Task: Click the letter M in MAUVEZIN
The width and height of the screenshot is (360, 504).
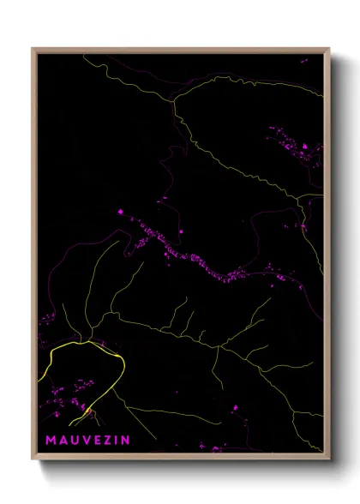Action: [51, 440]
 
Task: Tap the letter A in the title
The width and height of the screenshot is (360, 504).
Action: [63, 440]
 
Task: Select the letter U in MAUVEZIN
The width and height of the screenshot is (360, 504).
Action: [75, 440]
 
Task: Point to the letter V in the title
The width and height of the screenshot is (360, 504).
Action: [87, 440]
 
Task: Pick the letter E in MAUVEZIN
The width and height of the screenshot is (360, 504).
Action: [98, 440]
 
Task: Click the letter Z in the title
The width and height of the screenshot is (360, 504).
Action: [108, 440]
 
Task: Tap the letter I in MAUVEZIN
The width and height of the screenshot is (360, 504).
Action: [117, 440]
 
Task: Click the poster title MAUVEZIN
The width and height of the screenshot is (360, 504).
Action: [87, 440]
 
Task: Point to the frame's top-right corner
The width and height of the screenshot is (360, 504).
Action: [328, 50]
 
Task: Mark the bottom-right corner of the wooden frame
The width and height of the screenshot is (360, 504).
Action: [328, 459]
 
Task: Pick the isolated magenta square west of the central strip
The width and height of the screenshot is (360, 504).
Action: [121, 211]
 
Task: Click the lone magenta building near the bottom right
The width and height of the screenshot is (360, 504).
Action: [232, 408]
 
